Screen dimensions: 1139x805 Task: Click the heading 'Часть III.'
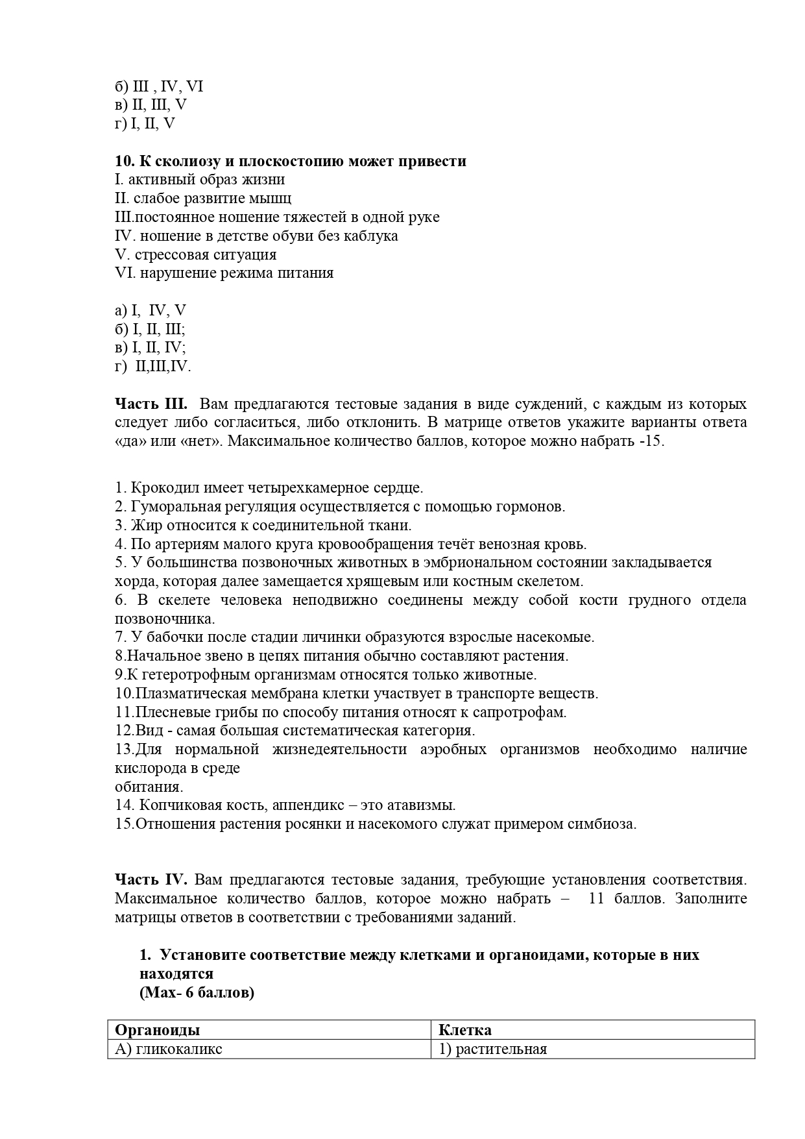[151, 404]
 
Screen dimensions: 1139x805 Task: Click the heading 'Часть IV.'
[151, 880]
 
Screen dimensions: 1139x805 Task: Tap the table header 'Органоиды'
[158, 1030]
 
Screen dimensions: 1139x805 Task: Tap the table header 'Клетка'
[465, 1030]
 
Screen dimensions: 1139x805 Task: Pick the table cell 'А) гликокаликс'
[169, 1049]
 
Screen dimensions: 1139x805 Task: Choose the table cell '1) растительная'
[493, 1049]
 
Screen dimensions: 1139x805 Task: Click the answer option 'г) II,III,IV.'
[153, 367]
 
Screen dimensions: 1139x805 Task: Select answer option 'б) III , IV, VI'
[159, 86]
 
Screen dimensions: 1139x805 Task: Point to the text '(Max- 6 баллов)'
[197, 993]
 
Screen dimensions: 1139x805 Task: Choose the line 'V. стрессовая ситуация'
[195, 254]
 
